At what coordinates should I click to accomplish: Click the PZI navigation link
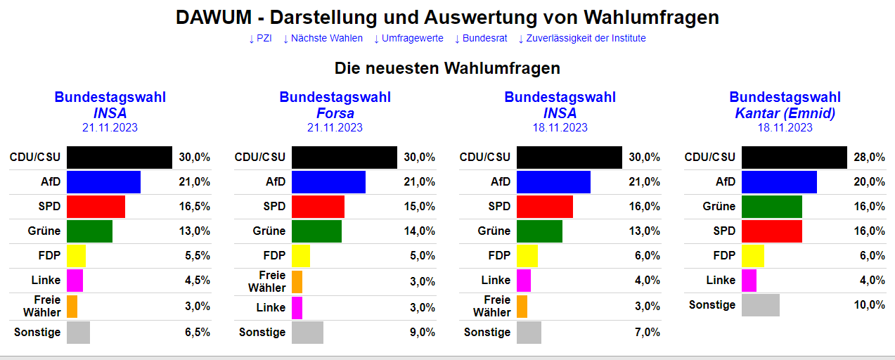point(260,39)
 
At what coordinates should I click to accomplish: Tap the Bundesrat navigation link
point(481,39)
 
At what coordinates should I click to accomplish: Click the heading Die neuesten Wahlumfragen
point(447,68)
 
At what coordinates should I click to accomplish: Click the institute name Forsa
point(335,113)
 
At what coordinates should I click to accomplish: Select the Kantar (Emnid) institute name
point(785,113)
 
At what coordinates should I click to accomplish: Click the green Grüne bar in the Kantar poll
point(771,207)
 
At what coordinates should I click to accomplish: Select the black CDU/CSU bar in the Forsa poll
point(344,157)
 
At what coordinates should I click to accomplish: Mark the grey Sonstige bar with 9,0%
point(307,333)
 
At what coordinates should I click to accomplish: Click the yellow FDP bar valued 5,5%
point(76,256)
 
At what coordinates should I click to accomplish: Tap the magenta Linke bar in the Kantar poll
point(749,281)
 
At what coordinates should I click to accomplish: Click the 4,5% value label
point(196,281)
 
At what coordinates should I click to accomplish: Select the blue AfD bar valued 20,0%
point(779,182)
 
